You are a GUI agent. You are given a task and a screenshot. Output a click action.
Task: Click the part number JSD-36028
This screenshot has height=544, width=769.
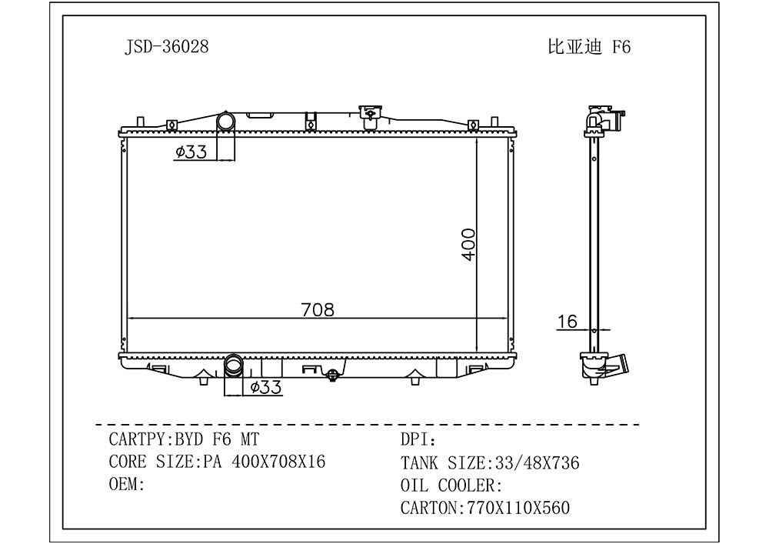pyautogui.click(x=167, y=47)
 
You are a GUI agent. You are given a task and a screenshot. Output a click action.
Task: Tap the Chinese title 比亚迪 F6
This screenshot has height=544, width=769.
pyautogui.click(x=589, y=47)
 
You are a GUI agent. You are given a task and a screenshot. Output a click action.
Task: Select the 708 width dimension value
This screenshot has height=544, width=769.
pyautogui.click(x=318, y=309)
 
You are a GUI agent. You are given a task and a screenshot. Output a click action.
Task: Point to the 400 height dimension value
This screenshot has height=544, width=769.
pyautogui.click(x=468, y=244)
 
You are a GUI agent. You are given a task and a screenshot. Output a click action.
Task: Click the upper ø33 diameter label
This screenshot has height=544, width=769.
pyautogui.click(x=191, y=152)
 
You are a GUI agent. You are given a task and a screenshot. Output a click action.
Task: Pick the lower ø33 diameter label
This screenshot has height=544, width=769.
pyautogui.click(x=266, y=388)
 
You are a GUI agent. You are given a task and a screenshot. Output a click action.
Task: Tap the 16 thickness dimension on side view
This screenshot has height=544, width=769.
pyautogui.click(x=567, y=322)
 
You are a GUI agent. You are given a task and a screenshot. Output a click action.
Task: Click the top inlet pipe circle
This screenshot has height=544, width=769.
pyautogui.click(x=226, y=121)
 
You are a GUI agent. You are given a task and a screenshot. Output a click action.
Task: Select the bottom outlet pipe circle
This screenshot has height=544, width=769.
pyautogui.click(x=234, y=365)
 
